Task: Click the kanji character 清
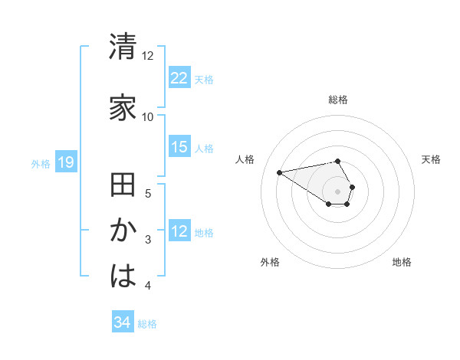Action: pyautogui.click(x=123, y=46)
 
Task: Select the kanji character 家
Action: pyautogui.click(x=123, y=107)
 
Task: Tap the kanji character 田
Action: pyautogui.click(x=123, y=186)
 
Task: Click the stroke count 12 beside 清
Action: pyautogui.click(x=147, y=56)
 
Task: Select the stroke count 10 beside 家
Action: pyautogui.click(x=147, y=117)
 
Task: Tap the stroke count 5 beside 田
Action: pyautogui.click(x=148, y=194)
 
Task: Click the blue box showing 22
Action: pyautogui.click(x=179, y=78)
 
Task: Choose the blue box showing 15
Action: pyautogui.click(x=179, y=148)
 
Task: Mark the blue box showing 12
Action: pyautogui.click(x=179, y=232)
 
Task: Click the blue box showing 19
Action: pyautogui.click(x=65, y=162)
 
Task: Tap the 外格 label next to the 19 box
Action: pyautogui.click(x=41, y=163)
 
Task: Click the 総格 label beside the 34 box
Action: pyautogui.click(x=147, y=324)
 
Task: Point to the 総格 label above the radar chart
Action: pyautogui.click(x=338, y=100)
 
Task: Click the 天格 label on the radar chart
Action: pyautogui.click(x=432, y=159)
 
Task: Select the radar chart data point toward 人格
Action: pyautogui.click(x=280, y=172)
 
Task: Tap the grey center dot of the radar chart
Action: pyautogui.click(x=338, y=191)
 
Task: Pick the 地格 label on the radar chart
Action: pyautogui.click(x=402, y=262)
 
